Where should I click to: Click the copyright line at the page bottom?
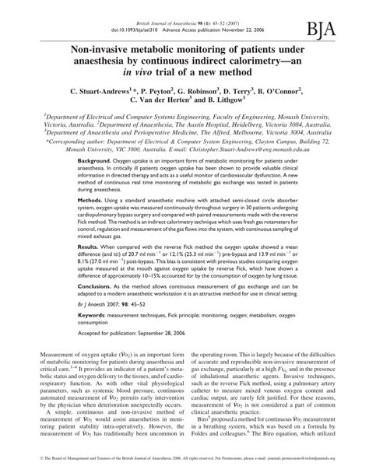[184, 471]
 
